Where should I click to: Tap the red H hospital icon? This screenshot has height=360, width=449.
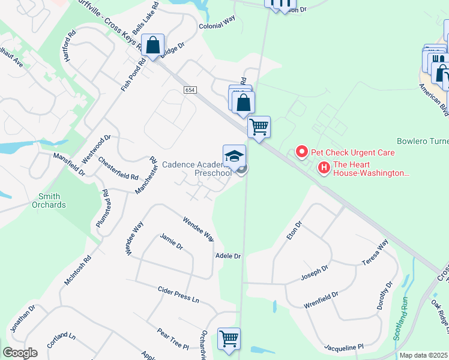tap(324, 167)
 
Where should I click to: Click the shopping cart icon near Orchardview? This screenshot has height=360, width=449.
tap(229, 339)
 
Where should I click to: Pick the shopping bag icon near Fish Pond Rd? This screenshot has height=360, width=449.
tap(153, 46)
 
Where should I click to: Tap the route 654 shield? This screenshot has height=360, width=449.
tap(190, 89)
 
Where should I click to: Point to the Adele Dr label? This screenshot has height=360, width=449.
tap(228, 256)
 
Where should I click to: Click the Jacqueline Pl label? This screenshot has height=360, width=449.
tap(344, 347)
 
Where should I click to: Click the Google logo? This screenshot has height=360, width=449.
tap(20, 353)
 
